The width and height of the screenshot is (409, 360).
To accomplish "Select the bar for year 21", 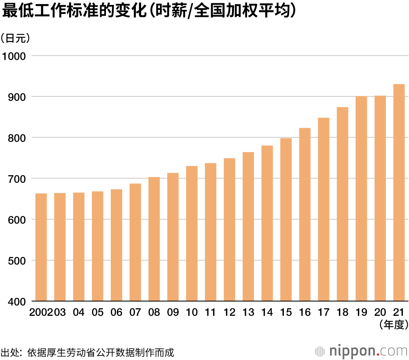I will pos(399,192).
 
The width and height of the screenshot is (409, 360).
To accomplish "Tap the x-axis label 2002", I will pos(41,313).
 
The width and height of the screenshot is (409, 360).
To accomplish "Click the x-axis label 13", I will pos(248,313).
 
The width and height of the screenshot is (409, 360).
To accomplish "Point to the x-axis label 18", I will pos(342,313).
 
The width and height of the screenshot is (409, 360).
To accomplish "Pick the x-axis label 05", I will pos(97,313).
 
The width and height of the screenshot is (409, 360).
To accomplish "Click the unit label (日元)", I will pos(15,38).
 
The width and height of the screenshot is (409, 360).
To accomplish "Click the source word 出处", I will pos(10,352).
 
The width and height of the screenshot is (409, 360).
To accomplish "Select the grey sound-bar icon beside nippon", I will pos(320,351).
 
